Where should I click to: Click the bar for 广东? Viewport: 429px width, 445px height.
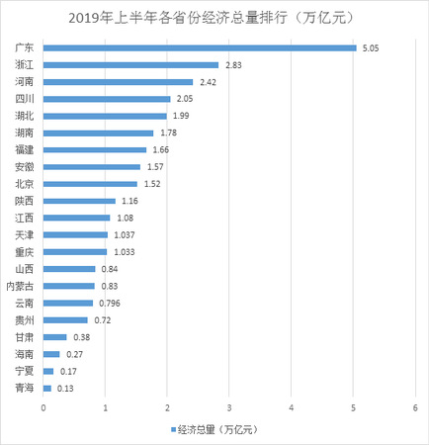pyautogui.click(x=200, y=46)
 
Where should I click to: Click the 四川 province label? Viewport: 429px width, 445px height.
pyautogui.click(x=23, y=99)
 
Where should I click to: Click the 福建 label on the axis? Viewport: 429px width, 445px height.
pyautogui.click(x=23, y=149)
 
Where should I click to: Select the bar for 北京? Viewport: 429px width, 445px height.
pyautogui.click(x=90, y=184)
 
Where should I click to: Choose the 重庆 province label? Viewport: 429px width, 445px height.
pyautogui.click(x=23, y=251)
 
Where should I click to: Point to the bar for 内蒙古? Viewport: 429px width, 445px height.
pyautogui.click(x=69, y=286)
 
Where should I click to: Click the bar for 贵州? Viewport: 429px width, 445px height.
pyautogui.click(x=65, y=320)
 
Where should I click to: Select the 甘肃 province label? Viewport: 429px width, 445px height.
pyautogui.click(x=23, y=337)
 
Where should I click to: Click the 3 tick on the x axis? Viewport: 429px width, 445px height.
pyautogui.click(x=229, y=406)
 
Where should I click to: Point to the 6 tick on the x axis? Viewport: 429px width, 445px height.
pyautogui.click(x=415, y=406)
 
